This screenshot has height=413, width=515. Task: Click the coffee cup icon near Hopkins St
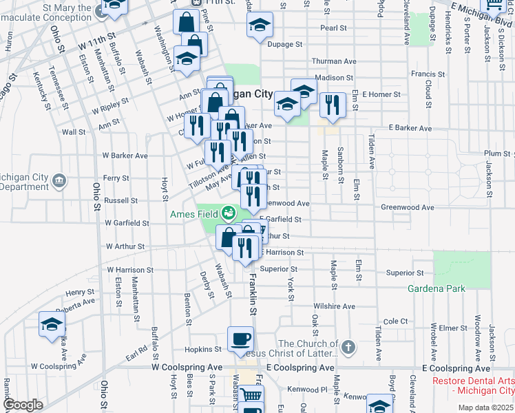(241, 338)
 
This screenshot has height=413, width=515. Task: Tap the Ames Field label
(194, 214)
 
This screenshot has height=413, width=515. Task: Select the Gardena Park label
(437, 288)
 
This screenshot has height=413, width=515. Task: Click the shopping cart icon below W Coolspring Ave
(251, 396)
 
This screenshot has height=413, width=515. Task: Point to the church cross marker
(348, 348)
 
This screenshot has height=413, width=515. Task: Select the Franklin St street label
(253, 293)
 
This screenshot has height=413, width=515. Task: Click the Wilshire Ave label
(334, 306)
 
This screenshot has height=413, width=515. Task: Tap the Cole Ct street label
(396, 321)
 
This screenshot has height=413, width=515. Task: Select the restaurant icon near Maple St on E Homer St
(332, 105)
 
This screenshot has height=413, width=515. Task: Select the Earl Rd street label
(137, 353)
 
